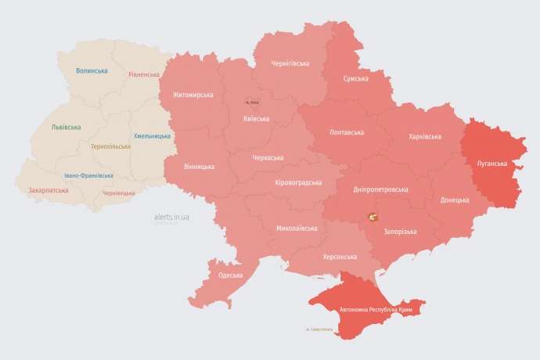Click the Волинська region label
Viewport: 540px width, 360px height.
tap(92, 71)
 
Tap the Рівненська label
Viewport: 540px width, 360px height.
tap(144, 75)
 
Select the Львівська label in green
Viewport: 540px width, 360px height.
tap(65, 127)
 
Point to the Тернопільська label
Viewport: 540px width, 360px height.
tap(110, 146)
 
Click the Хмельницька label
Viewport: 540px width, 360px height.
tap(152, 136)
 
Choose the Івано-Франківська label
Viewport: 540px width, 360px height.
tap(88, 175)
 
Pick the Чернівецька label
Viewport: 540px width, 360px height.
tap(118, 193)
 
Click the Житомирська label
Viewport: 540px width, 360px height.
tap(187, 95)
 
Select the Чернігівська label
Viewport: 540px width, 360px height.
tap(290, 63)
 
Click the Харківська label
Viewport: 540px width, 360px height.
tap(424, 136)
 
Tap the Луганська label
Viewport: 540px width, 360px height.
tap(492, 164)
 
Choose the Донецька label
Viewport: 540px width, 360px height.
tap(455, 200)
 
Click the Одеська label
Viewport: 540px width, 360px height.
tap(230, 275)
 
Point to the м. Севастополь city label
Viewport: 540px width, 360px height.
tap(319, 329)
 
